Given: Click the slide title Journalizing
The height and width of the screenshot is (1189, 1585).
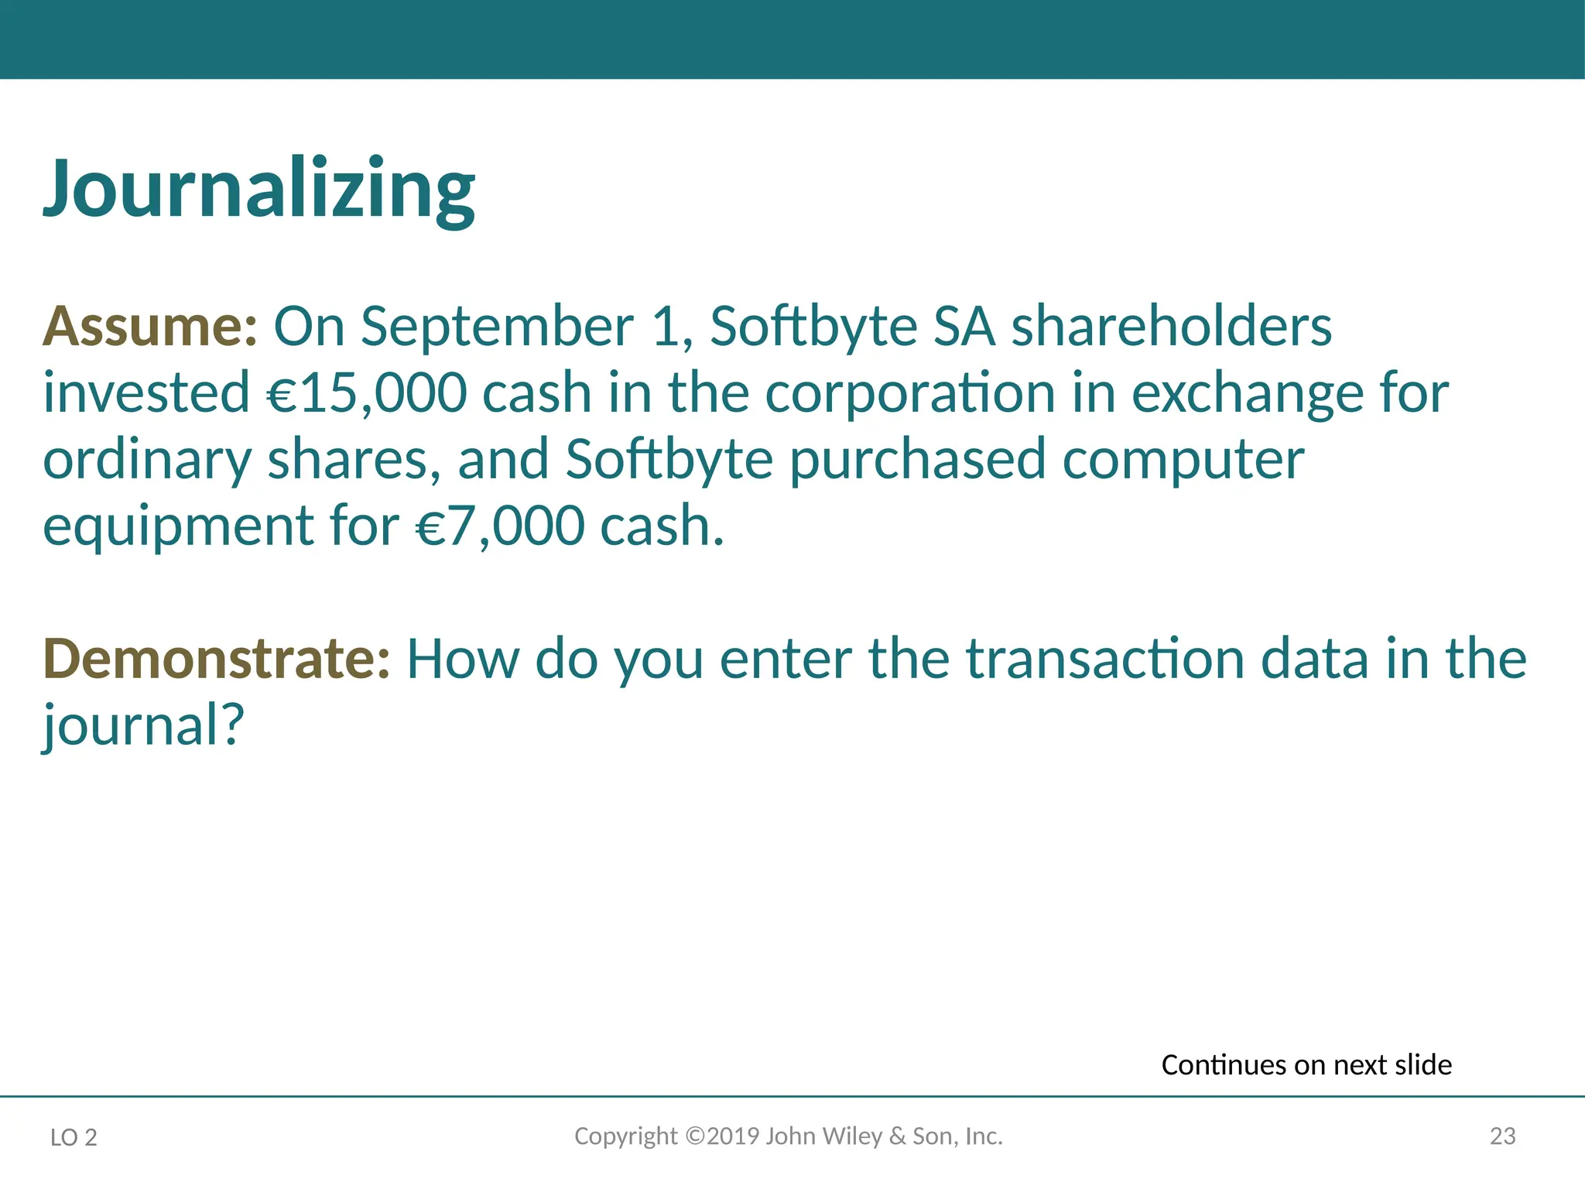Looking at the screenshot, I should pos(259,190).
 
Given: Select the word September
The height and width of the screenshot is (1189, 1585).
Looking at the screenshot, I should pos(498,327).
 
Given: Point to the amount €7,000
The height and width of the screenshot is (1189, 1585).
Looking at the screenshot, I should pos(500,526).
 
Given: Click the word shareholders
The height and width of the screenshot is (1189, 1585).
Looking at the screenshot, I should pos(1172,327).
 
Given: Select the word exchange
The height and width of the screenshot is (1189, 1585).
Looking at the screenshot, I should pos(1248,393).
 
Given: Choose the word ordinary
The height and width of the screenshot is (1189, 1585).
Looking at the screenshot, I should pos(147,460).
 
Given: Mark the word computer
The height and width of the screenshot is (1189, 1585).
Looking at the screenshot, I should pos(1183,460).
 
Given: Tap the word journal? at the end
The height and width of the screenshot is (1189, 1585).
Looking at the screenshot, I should pos(144,726).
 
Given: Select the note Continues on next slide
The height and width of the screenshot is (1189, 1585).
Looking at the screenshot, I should pos(1306,1065).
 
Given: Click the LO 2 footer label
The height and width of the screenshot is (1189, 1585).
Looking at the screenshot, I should pos(74,1137).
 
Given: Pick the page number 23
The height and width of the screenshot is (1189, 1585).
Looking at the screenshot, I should pos(1502,1136).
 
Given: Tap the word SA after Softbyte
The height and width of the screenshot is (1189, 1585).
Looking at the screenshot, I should pos(964,327).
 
